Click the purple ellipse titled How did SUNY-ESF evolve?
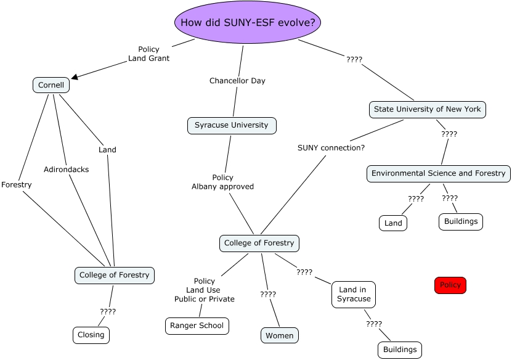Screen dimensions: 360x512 [248, 23]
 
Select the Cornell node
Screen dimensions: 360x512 [51, 85]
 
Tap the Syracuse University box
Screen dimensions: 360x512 [232, 125]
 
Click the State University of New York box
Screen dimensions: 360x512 [428, 109]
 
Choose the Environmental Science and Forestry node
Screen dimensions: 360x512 [439, 173]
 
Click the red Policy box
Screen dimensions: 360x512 [450, 285]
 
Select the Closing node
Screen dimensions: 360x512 [91, 335]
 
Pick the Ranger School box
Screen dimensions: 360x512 [197, 325]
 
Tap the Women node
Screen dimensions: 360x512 [280, 335]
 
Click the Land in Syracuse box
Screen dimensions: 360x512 [354, 294]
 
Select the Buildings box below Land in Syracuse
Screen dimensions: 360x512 [400, 350]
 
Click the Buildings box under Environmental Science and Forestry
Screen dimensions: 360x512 [461, 221]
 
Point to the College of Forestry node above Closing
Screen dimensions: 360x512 [114, 275]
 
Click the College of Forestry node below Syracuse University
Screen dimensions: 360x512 [259, 243]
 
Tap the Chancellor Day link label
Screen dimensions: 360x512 [237, 81]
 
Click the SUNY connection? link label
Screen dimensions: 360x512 [331, 148]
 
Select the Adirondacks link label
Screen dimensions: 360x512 [66, 170]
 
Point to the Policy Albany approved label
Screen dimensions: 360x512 [222, 182]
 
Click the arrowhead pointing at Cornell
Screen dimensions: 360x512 [75, 77]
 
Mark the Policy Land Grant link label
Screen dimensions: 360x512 [148, 54]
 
